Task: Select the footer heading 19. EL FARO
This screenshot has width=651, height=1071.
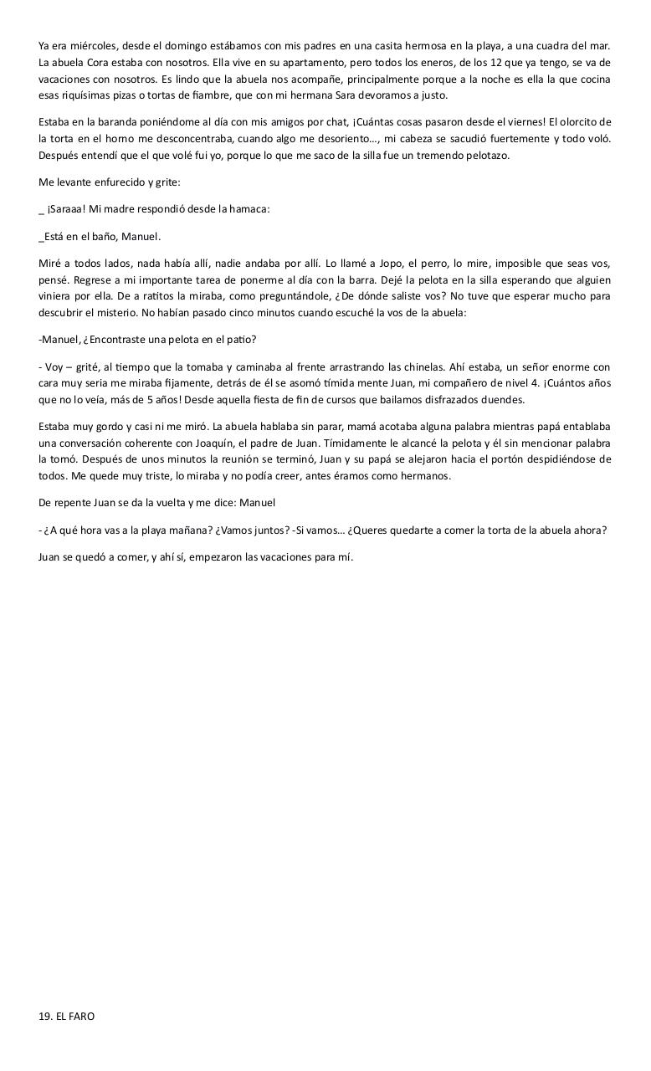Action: [66, 1016]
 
